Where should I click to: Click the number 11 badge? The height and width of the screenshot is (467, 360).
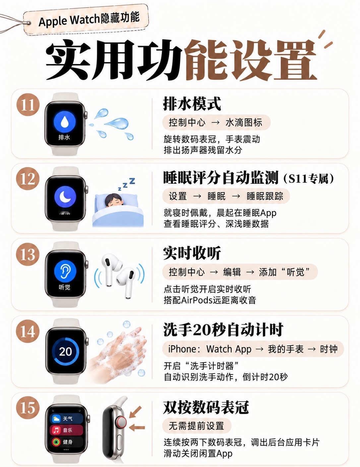pyautogui.click(x=28, y=105)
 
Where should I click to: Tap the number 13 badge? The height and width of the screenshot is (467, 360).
pyautogui.click(x=28, y=254)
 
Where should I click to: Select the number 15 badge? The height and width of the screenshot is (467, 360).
pyautogui.click(x=28, y=408)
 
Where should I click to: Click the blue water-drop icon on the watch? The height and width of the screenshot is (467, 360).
pyautogui.click(x=64, y=122)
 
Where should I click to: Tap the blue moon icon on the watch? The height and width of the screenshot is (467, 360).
pyautogui.click(x=65, y=196)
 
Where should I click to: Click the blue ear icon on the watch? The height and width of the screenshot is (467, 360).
pyautogui.click(x=65, y=272)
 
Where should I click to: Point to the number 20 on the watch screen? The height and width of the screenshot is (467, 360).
pyautogui.click(x=66, y=352)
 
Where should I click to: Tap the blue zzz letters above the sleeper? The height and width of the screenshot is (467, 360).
pyautogui.click(x=126, y=184)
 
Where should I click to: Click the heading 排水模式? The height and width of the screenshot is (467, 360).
pyautogui.click(x=192, y=104)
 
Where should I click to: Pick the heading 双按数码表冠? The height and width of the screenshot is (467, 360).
pyautogui.click(x=206, y=407)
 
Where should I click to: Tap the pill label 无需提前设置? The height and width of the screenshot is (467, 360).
pyautogui.click(x=197, y=426)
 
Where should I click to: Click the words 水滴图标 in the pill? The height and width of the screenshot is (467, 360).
pyautogui.click(x=244, y=122)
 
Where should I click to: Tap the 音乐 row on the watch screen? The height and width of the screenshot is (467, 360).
pyautogui.click(x=66, y=430)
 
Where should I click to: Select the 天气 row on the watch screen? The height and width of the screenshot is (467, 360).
pyautogui.click(x=66, y=419)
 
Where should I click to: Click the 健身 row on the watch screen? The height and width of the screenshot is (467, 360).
pyautogui.click(x=66, y=442)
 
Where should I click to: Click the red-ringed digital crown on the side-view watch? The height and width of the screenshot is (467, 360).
pyautogui.click(x=121, y=422)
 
